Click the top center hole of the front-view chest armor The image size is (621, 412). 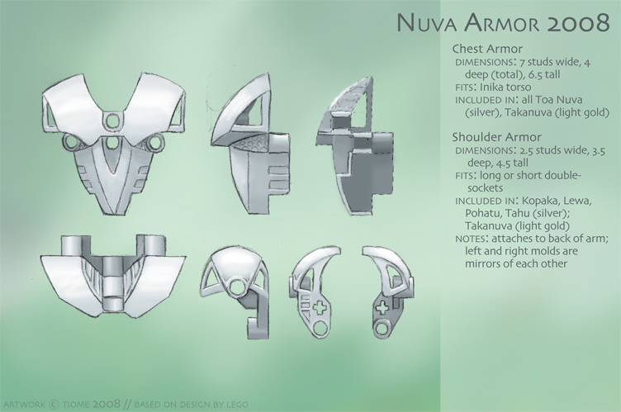pos(109,121)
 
